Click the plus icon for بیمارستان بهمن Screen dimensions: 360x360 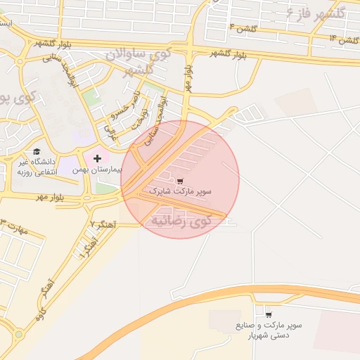97,159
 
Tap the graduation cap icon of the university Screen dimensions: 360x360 37,151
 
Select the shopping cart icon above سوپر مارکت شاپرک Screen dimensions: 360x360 180,181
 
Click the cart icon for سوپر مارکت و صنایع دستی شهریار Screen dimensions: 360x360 269,314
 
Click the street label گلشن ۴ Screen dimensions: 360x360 243,27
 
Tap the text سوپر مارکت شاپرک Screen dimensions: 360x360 180,191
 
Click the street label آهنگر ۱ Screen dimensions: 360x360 88,247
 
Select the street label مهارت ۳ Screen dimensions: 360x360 15,229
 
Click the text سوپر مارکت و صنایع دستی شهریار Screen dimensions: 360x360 269,330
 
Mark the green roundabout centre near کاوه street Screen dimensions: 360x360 18,335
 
